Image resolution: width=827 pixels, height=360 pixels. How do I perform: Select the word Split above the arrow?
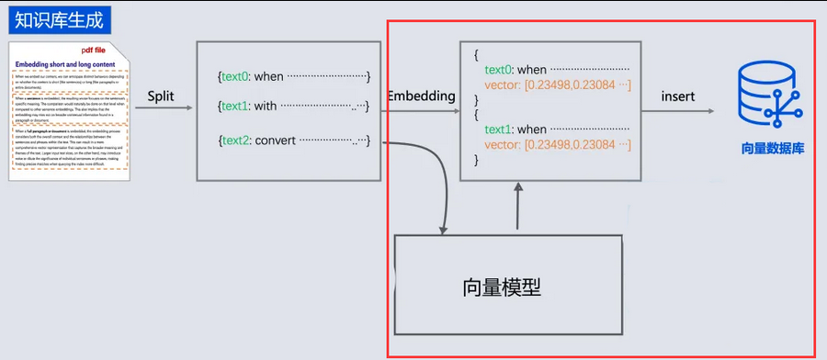161,96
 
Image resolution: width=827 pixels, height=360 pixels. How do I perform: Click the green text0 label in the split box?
236,76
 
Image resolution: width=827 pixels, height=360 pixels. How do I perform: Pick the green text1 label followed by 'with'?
236,107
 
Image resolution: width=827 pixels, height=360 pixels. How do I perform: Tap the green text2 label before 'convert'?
236,141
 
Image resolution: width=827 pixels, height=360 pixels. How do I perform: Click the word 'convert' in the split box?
275,141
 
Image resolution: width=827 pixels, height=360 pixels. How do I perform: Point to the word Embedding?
422,96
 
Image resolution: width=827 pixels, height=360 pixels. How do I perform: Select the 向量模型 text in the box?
502,287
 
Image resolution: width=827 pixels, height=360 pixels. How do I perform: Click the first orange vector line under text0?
551,85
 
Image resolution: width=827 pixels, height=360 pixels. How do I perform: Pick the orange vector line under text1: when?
551,145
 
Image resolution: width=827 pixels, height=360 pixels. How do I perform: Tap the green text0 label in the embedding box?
498,70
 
